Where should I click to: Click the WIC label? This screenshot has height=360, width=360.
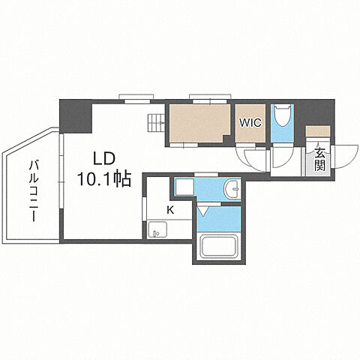pyautogui.click(x=250, y=122)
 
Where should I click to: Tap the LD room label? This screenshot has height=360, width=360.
pyautogui.click(x=104, y=159)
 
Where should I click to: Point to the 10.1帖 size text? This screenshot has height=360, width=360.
pyautogui.click(x=104, y=178)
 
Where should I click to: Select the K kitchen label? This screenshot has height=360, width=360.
pyautogui.click(x=170, y=210)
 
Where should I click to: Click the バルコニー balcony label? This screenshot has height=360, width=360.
pyautogui.click(x=34, y=191)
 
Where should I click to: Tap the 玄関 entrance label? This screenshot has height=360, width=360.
pyautogui.click(x=319, y=158)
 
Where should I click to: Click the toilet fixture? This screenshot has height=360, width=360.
pyautogui.click(x=283, y=115)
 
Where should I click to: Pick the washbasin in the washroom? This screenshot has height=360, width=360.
pyautogui.click(x=232, y=188)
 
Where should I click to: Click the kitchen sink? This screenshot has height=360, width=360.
pyautogui.click(x=157, y=230)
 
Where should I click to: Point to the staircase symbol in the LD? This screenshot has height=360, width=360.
pyautogui.click(x=156, y=122)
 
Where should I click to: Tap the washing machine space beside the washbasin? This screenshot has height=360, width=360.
pyautogui.click(x=184, y=186)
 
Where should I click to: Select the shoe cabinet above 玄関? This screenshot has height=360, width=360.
pyautogui.click(x=318, y=131)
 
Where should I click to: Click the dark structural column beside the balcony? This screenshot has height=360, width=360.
pyautogui.click(x=76, y=116)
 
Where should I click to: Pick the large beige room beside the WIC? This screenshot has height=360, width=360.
pyautogui.click(x=199, y=123)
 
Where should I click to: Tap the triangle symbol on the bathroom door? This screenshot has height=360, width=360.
pyautogui.click(x=202, y=211)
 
